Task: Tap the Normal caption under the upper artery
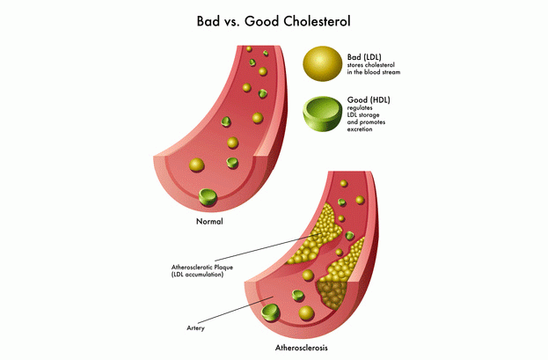pyautogui.click(x=208, y=222)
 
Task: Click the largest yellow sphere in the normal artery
pyautogui.click(x=198, y=164)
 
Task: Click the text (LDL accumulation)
pyautogui.click(x=198, y=275)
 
